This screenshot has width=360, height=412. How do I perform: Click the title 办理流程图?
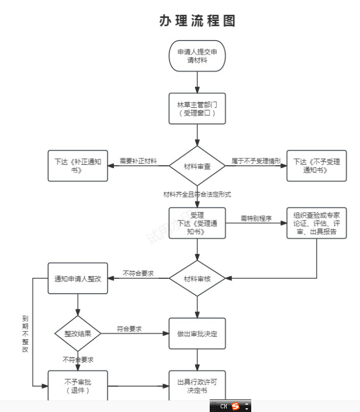[x=197, y=21]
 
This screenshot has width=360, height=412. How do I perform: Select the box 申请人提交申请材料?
[x=197, y=56]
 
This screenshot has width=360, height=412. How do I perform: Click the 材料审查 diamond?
[x=197, y=166]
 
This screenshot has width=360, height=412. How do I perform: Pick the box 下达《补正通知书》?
[x=78, y=166]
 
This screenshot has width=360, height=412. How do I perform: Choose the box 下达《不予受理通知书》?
[x=316, y=166]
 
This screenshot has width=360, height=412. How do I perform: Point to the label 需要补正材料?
[x=138, y=161]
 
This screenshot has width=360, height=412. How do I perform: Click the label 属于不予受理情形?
[x=256, y=161]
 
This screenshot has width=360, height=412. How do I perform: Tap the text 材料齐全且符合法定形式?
[x=197, y=194]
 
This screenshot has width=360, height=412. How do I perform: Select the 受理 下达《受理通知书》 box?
[x=197, y=223]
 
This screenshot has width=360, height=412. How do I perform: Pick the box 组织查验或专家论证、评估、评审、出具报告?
[x=316, y=223]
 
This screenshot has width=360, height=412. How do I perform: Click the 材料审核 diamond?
[x=197, y=278]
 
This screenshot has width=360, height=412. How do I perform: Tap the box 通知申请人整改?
[x=78, y=278]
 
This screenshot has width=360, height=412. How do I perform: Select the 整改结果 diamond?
[x=78, y=334]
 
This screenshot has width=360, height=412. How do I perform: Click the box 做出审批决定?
[x=197, y=334]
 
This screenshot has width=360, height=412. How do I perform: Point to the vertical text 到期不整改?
[x=25, y=334]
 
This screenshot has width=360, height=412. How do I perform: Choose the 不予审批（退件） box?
[x=78, y=386]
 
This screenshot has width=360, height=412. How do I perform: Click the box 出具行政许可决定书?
[x=197, y=386]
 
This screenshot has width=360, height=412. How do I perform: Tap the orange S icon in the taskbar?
[x=235, y=406]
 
